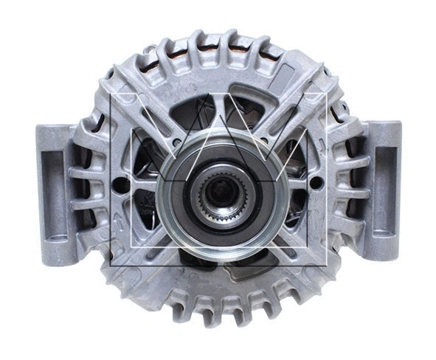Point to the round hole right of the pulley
pyautogui.click(x=316, y=181)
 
